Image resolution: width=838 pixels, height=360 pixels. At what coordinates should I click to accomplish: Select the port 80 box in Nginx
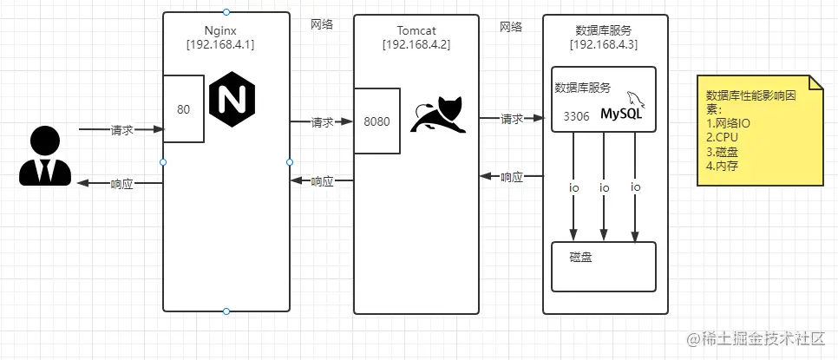click(x=184, y=109)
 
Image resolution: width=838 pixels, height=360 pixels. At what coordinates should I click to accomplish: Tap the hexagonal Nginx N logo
click(x=232, y=100)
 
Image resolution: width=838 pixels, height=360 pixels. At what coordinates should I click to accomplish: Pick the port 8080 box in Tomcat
click(x=376, y=121)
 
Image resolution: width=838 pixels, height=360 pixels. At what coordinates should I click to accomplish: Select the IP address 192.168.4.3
click(x=605, y=44)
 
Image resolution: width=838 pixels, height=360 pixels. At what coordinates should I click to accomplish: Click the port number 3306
click(x=577, y=115)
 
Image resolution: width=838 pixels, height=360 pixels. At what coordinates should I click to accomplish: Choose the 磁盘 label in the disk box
click(x=581, y=257)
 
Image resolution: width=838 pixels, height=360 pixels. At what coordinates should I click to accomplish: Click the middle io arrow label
click(x=605, y=187)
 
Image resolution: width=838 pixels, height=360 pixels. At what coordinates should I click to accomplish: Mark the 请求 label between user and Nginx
click(x=121, y=130)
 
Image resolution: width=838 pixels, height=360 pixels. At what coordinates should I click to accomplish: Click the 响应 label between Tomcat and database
click(x=512, y=177)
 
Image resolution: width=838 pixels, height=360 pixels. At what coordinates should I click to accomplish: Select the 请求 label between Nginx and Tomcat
click(x=322, y=123)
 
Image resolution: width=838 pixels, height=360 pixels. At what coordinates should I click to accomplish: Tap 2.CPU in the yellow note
click(x=720, y=137)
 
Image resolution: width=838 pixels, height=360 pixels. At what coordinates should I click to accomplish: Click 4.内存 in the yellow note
click(x=723, y=165)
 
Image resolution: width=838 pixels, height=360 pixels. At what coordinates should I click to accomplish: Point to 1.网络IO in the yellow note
click(x=730, y=124)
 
